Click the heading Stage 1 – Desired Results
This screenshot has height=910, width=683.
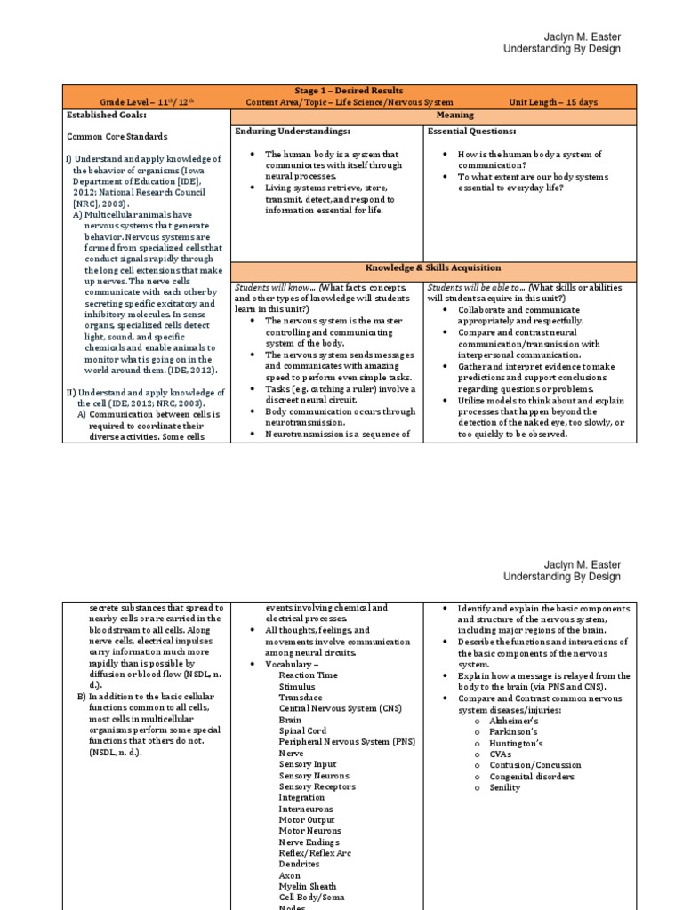[349, 91]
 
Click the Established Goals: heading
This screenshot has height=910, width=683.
[107, 115]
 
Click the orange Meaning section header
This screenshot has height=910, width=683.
[454, 115]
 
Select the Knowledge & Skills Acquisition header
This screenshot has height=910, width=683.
[433, 267]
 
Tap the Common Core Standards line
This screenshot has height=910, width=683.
[117, 137]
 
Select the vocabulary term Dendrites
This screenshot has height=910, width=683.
[299, 864]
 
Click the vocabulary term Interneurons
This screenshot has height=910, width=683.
[306, 809]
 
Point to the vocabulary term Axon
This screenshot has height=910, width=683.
[290, 875]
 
